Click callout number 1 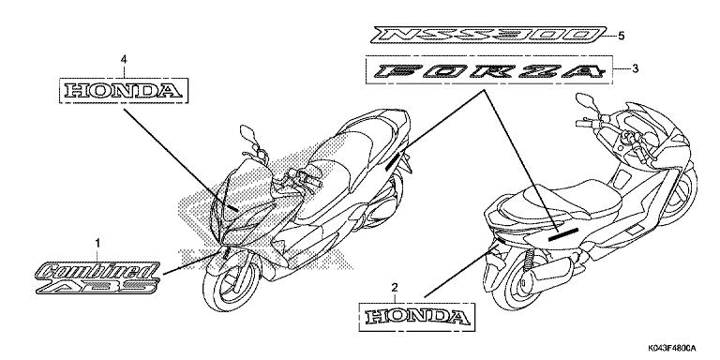[x=98, y=243]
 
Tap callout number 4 [x=124, y=59]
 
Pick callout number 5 [x=621, y=36]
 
